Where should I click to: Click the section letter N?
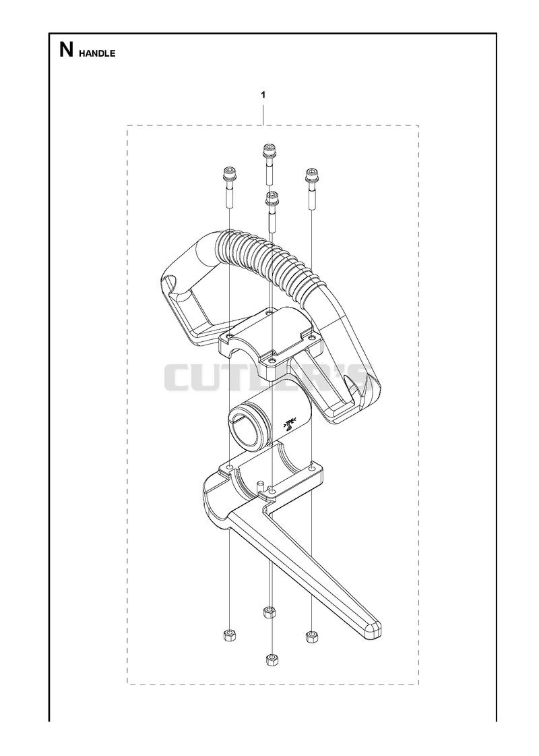pos(66,50)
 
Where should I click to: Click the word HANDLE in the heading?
pos(97,53)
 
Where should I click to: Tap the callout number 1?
pos(263,94)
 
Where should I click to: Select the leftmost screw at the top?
pos(228,187)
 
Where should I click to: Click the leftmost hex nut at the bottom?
pos(230,635)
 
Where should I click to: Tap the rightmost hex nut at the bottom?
pos(312,637)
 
